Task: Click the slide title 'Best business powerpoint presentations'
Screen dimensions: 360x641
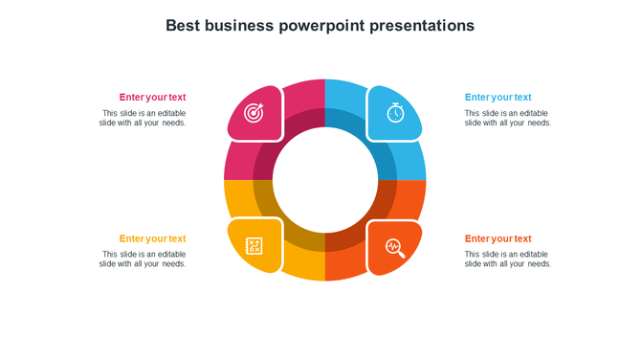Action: coord(320,26)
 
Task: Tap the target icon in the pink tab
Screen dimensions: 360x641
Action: coord(254,113)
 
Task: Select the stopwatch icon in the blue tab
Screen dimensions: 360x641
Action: coord(395,112)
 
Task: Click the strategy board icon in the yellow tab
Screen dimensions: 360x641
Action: coord(254,246)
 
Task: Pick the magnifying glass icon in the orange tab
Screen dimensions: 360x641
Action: coord(395,248)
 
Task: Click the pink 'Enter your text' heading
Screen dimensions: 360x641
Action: coord(152,97)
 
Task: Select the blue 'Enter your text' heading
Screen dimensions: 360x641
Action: coord(497,97)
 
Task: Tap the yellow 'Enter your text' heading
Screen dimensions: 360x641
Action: coord(152,238)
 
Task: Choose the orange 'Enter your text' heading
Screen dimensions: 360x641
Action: coord(497,238)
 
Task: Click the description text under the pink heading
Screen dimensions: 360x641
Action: coord(143,118)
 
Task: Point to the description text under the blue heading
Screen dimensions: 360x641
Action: coord(508,118)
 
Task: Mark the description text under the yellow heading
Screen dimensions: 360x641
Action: coord(143,259)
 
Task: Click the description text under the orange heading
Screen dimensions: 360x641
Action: coord(508,259)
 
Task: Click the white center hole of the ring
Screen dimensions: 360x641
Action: coord(325,180)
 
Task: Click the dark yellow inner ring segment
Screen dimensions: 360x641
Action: coord(282,220)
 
